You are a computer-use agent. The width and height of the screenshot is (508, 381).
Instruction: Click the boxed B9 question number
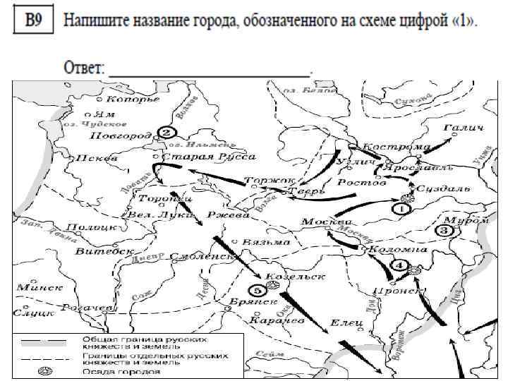click(34, 20)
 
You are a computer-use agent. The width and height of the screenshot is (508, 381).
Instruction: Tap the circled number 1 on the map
click(401, 209)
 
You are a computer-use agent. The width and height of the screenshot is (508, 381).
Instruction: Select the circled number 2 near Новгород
click(165, 133)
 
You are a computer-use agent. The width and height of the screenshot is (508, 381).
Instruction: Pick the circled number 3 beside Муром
click(445, 231)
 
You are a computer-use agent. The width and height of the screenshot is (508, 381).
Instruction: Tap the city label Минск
click(40, 287)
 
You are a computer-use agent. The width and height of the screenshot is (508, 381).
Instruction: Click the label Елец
click(346, 322)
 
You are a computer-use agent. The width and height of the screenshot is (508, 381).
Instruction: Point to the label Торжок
click(270, 181)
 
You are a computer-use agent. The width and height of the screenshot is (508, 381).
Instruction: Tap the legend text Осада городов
click(119, 371)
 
